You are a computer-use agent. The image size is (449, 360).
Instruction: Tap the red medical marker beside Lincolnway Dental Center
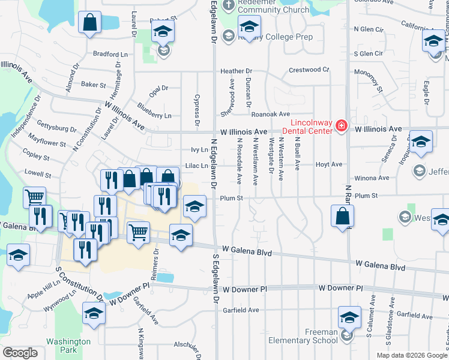342,125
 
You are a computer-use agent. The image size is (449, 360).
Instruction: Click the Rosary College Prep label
267,37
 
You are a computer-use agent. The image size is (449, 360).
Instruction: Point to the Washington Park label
68,346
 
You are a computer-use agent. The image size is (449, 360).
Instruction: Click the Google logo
20,353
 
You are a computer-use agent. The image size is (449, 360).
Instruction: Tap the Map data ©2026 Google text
412,355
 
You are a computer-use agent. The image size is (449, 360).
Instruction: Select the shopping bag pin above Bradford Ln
89,23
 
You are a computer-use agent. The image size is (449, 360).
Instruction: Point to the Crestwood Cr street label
309,70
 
